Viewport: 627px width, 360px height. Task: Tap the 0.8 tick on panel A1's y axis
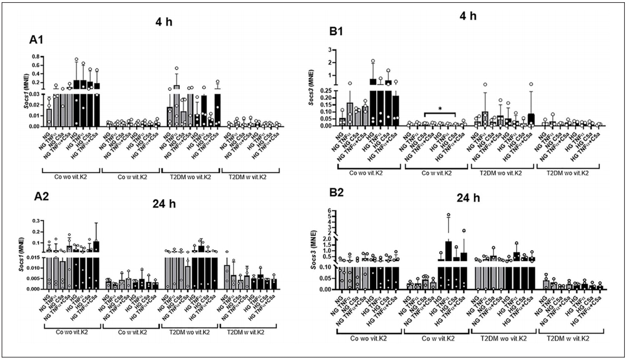click(x=34, y=56)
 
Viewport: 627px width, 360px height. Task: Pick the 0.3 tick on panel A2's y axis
click(x=34, y=220)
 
